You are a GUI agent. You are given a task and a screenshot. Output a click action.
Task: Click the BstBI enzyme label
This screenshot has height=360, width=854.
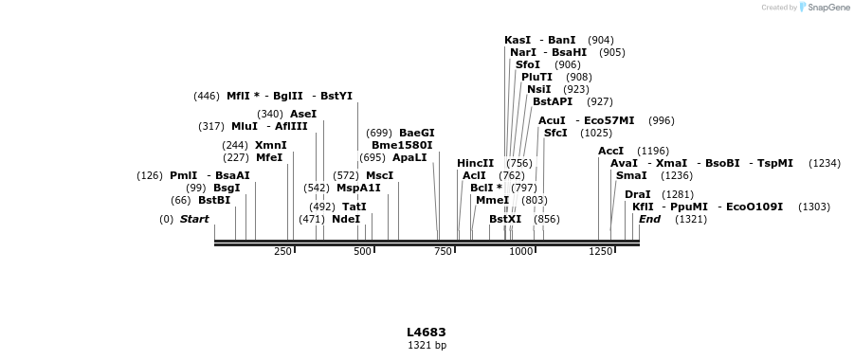point(214,200)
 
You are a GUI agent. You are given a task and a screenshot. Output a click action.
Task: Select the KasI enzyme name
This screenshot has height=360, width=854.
point(518,40)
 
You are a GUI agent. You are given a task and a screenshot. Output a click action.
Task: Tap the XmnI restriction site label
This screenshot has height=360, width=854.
point(270,145)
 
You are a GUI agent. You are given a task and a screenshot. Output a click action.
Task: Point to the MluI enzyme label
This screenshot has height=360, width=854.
point(245,126)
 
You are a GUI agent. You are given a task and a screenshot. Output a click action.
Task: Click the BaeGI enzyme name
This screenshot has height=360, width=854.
point(416,133)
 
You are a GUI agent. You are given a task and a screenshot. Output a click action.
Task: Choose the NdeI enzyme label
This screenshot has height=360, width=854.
point(346,219)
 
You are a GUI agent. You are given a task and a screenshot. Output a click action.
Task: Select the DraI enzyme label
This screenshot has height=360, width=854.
point(638,194)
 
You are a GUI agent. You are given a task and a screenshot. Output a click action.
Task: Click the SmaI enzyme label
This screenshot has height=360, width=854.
point(631,175)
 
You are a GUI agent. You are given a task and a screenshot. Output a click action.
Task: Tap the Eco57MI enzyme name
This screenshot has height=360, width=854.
point(609,120)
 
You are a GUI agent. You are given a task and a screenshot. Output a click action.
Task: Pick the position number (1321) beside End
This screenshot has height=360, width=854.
point(690,219)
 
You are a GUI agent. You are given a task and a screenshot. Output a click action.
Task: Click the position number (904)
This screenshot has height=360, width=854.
point(600,40)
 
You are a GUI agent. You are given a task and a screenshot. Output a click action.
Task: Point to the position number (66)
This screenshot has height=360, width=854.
point(180,200)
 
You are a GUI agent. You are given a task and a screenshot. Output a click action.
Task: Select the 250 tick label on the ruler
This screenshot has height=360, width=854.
point(282,251)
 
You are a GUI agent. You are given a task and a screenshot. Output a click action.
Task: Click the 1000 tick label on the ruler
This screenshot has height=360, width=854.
point(520,251)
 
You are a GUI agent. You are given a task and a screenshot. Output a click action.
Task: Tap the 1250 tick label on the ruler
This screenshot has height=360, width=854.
point(600,251)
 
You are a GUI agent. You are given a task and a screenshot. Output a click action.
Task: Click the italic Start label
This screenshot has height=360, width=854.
point(194,219)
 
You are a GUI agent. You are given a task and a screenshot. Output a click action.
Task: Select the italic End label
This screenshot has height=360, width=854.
point(649,219)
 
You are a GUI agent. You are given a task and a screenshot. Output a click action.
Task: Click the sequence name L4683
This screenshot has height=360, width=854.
point(427,333)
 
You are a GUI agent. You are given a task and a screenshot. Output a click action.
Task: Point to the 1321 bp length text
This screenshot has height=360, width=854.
point(427,346)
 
